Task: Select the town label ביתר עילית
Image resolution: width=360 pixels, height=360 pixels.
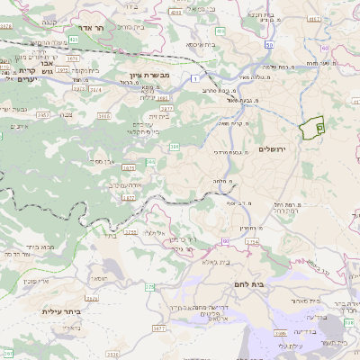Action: pyautogui.click(x=62, y=311)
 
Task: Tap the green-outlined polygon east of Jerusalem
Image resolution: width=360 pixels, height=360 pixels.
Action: pyautogui.click(x=312, y=128)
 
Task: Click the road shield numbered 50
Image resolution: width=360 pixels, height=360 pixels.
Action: pyautogui.click(x=268, y=44)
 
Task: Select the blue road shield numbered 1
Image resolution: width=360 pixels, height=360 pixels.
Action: pyautogui.click(x=196, y=79)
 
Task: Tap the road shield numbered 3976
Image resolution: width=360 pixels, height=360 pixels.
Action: pyautogui.click(x=6, y=28)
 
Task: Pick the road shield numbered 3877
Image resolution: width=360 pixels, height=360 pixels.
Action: pyautogui.click(x=128, y=196)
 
